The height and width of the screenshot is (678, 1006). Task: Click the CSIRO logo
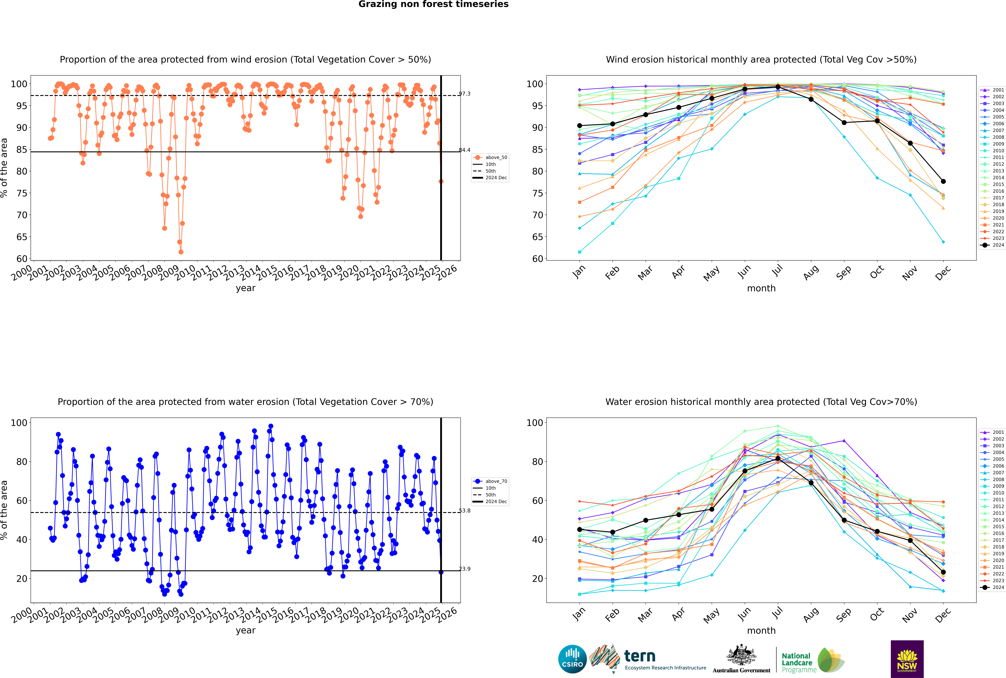point(572,659)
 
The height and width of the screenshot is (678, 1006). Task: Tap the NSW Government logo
point(907,659)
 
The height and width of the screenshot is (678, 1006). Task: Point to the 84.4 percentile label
point(465,150)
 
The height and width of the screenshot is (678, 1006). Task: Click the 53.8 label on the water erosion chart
point(465,511)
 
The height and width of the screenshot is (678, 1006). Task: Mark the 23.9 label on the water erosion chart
point(465,569)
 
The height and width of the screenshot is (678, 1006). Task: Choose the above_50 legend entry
point(490,157)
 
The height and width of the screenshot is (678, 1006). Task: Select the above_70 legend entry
point(490,481)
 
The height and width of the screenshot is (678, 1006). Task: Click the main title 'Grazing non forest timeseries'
point(433,4)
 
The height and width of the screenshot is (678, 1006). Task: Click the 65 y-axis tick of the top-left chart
point(22,237)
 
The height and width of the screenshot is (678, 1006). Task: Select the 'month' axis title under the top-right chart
point(761,288)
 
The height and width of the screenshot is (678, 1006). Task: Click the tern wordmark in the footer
point(640,656)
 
